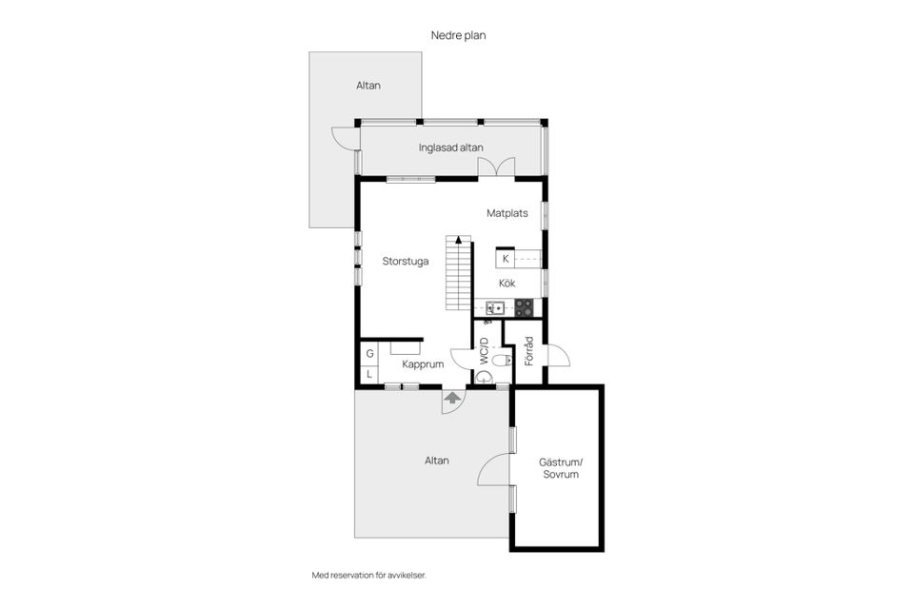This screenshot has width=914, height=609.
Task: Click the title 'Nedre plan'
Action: tap(458, 35)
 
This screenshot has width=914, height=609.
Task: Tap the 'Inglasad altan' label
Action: tap(450, 148)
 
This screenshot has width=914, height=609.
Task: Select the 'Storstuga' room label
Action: tap(406, 261)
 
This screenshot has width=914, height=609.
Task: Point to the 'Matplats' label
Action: tap(507, 213)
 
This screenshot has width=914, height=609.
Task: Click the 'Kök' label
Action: tap(507, 284)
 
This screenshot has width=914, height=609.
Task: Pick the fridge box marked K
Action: tap(506, 259)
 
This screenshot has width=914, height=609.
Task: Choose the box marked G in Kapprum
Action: tap(369, 354)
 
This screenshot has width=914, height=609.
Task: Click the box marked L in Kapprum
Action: tap(369, 374)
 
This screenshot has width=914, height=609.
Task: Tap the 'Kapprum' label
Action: tap(423, 364)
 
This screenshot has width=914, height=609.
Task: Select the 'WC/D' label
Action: tap(484, 351)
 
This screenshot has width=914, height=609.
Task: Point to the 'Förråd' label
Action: tap(528, 351)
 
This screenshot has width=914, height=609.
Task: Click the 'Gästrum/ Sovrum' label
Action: tap(560, 468)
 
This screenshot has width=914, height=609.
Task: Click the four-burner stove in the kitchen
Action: tap(524, 307)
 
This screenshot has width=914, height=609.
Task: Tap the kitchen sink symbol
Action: tap(495, 307)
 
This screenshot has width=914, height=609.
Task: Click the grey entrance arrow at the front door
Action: tap(451, 398)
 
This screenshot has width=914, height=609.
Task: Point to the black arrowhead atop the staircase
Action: tap(459, 239)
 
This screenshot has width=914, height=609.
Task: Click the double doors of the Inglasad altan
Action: tap(496, 167)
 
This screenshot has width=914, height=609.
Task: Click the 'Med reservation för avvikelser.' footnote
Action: tap(369, 575)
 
